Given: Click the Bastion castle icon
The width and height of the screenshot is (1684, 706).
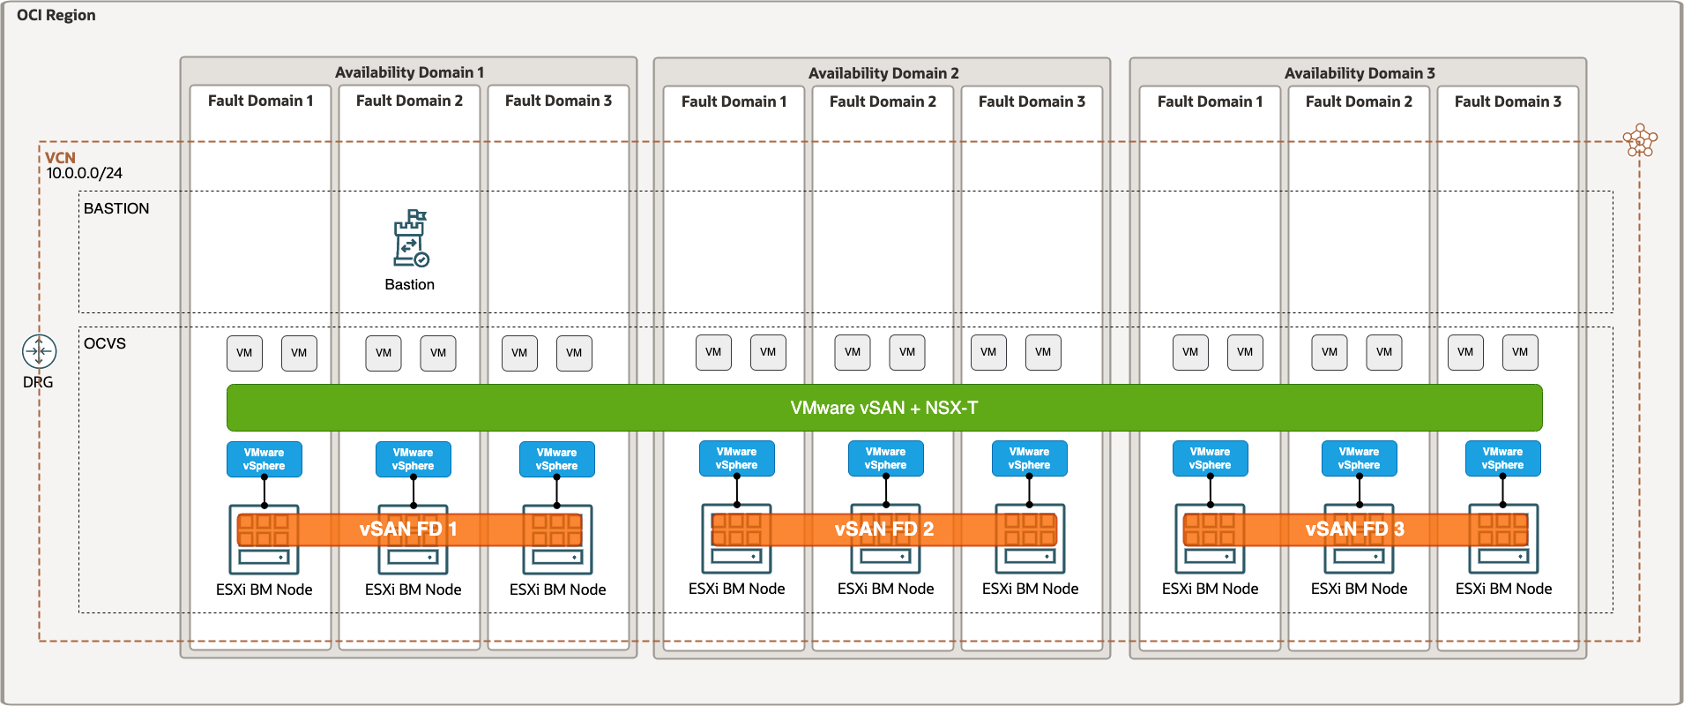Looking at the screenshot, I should tap(410, 238).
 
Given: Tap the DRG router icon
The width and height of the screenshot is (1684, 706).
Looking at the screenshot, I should tap(39, 351).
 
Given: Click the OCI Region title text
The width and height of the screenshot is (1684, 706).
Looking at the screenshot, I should tap(56, 15).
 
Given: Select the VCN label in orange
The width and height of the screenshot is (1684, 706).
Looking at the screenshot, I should tap(60, 157).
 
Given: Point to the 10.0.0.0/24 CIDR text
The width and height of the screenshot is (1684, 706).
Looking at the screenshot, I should tap(85, 173).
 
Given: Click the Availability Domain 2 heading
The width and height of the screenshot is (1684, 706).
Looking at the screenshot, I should tap(883, 73).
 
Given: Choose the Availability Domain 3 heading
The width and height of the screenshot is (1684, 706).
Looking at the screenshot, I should tap(1359, 73).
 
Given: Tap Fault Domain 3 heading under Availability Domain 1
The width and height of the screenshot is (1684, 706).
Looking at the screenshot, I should tap(558, 101).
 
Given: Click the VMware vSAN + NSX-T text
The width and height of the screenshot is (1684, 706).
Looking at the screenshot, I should tap(883, 408).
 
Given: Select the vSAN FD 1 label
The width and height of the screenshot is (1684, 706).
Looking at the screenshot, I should tap(408, 529).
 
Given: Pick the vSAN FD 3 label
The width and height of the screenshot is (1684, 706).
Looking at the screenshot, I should tap(1354, 529).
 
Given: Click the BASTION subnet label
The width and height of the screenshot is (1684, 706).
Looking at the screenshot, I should tap(116, 208).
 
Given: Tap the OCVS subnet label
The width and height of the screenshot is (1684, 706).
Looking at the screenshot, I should tap(105, 343).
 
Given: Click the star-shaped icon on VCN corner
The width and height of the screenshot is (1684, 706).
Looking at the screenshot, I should tap(1640, 140).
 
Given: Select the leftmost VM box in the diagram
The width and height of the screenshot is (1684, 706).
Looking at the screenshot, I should tap(244, 353).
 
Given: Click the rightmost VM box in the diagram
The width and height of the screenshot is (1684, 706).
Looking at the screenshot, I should tap(1520, 352).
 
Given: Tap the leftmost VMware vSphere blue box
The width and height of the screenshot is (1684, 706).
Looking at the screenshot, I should tap(265, 459).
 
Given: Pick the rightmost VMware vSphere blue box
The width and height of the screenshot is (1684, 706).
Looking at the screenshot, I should tap(1502, 458).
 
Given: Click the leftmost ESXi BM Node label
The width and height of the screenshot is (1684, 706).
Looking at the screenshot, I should tap(265, 590).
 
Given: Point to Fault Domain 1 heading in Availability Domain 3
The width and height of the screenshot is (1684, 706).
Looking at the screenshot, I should tap(1210, 101).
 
